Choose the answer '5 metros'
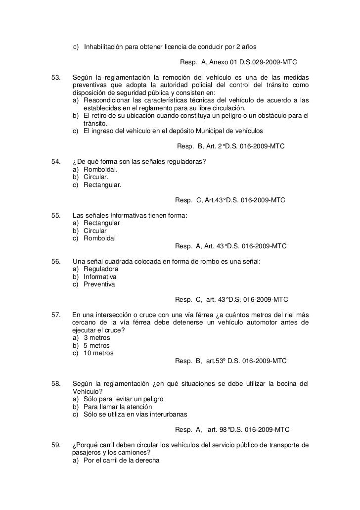pyautogui.click(x=96, y=345)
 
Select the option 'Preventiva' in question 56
pyautogui.click(x=99, y=284)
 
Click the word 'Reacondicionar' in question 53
pyautogui.click(x=107, y=100)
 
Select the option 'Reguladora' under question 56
pyautogui.click(x=101, y=269)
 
